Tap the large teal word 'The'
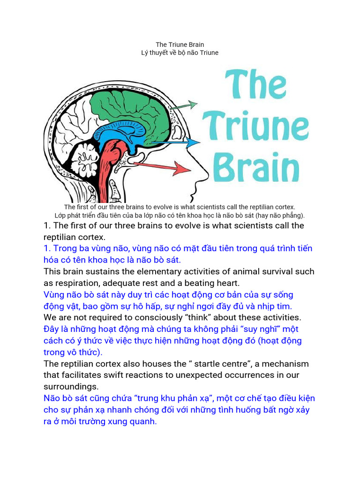(255, 84)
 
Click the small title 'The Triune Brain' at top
(180, 45)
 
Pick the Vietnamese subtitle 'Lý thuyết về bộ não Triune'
(180, 52)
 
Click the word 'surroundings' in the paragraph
(71, 387)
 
